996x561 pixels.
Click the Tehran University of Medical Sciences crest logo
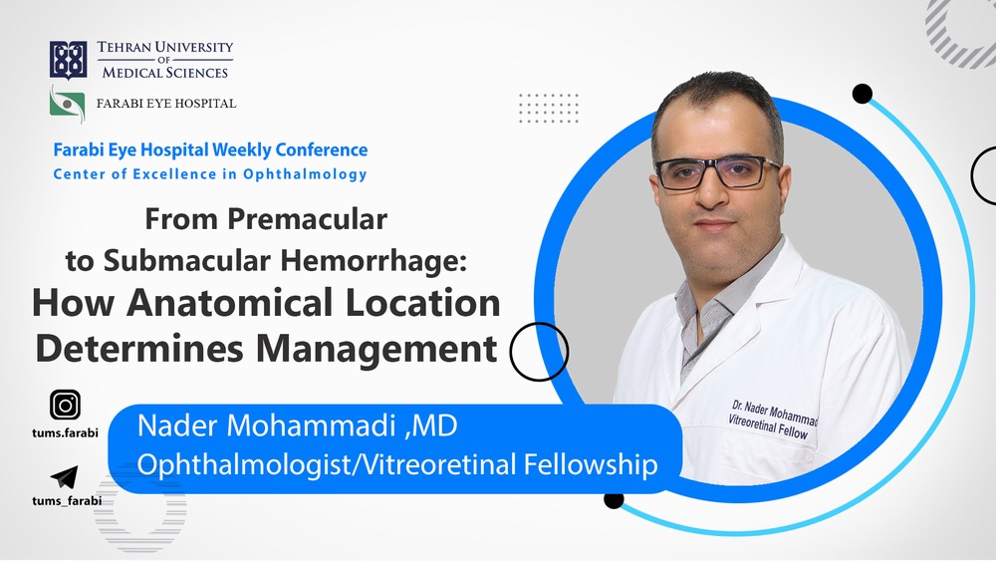(68, 61)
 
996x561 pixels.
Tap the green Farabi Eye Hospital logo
(68, 105)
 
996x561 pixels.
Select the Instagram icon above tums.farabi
(65, 405)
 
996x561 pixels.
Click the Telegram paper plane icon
(64, 477)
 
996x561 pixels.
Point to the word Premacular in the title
(308, 219)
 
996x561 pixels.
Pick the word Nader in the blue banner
(177, 425)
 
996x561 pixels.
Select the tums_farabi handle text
(67, 500)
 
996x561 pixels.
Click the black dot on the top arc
(862, 94)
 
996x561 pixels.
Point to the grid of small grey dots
(549, 108)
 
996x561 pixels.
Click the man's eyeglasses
(717, 172)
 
